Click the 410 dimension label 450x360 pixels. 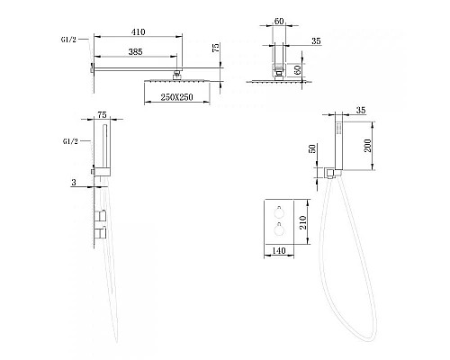pyautogui.click(x=138, y=31)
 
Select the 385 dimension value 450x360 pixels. pyautogui.click(x=135, y=52)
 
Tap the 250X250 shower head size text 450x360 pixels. pyautogui.click(x=176, y=97)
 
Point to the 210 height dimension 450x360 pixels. pyautogui.click(x=303, y=222)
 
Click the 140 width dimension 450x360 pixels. pyautogui.click(x=279, y=250)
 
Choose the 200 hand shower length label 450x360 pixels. pyautogui.click(x=368, y=146)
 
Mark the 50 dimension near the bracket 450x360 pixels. pyautogui.click(x=312, y=148)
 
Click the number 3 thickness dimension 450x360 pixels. pyautogui.click(x=74, y=182)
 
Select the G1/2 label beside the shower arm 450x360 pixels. pyautogui.click(x=68, y=40)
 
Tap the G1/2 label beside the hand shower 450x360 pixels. pyautogui.click(x=70, y=141)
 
